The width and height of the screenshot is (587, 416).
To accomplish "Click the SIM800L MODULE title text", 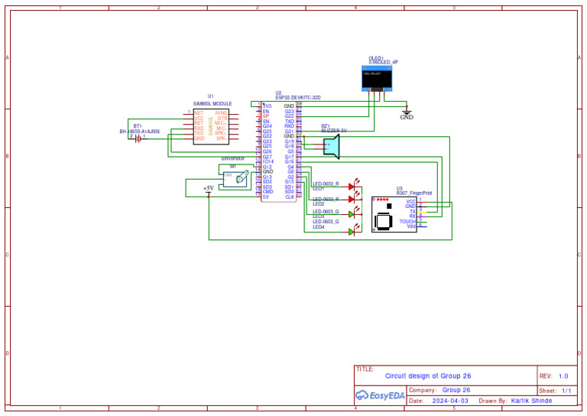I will (212, 103).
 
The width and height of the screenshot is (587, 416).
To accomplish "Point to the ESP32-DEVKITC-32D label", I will (298, 98).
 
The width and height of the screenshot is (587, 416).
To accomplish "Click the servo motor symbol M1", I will (235, 179).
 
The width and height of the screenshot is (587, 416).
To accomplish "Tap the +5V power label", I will (209, 187).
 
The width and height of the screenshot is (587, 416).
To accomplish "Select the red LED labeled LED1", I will (352, 186).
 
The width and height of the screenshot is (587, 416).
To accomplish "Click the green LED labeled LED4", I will (352, 230).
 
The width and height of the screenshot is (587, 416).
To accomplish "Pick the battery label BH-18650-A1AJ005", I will (140, 132).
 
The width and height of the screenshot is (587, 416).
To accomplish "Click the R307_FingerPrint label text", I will (414, 193).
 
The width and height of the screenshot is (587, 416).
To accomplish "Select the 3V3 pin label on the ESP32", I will (266, 106).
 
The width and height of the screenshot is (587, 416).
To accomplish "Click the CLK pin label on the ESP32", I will (290, 197).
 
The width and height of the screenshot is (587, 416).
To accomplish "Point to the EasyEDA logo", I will (381, 395).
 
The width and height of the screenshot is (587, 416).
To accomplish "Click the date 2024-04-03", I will (450, 401).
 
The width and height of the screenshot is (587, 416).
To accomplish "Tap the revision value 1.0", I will (563, 376).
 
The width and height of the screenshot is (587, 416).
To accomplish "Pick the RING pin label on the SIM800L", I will (222, 112).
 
